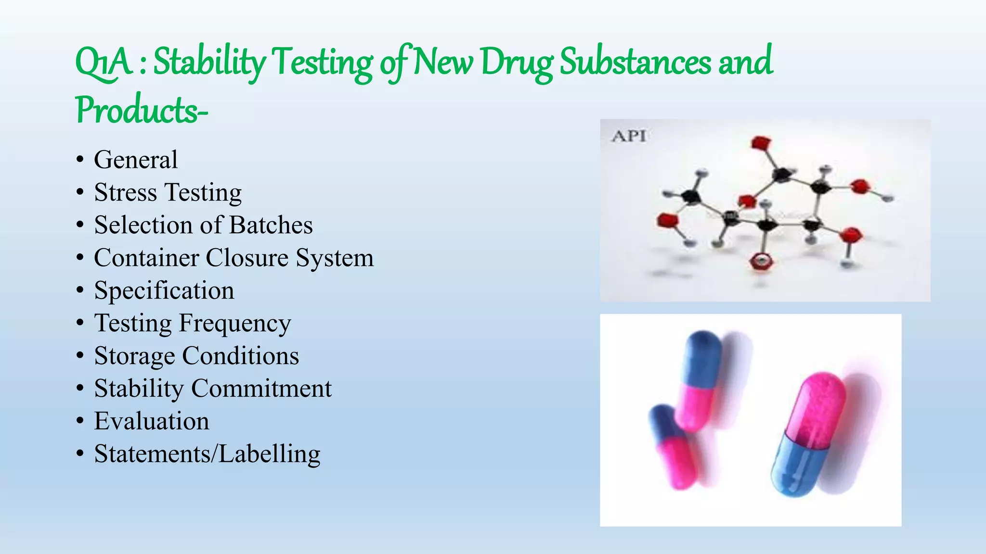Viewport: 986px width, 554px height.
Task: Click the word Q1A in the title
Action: click(x=104, y=63)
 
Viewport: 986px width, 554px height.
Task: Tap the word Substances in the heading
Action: click(x=635, y=63)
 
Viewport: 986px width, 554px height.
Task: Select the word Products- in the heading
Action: click(x=142, y=110)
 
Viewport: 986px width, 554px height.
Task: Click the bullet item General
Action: click(x=136, y=160)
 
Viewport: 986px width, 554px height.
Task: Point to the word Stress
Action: click(x=125, y=192)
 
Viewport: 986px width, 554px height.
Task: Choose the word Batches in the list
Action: click(x=271, y=225)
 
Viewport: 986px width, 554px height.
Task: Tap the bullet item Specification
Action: click(x=164, y=290)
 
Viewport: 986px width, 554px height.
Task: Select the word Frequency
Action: click(x=235, y=323)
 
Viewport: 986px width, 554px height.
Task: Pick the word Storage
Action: click(x=134, y=356)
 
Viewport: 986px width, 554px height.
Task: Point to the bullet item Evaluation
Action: click(x=152, y=421)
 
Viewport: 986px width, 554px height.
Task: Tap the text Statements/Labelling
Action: click(x=207, y=454)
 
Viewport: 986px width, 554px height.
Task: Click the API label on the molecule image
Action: click(x=628, y=136)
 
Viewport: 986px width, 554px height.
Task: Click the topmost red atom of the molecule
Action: click(x=761, y=143)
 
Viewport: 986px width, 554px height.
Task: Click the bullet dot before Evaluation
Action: click(x=80, y=421)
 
